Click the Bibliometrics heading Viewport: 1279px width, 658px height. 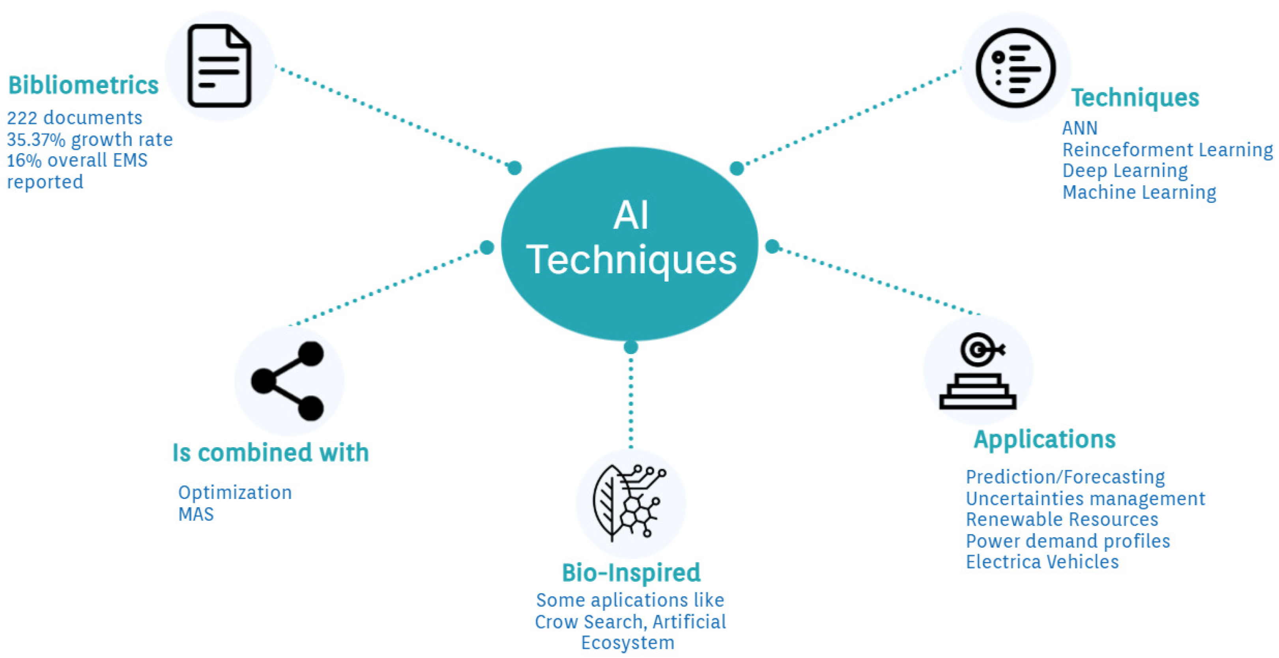(x=83, y=85)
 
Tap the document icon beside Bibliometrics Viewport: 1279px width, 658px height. (x=219, y=66)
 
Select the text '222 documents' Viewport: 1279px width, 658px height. (x=75, y=118)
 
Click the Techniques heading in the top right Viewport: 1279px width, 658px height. (x=1135, y=97)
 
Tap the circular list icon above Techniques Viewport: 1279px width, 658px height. (x=1016, y=67)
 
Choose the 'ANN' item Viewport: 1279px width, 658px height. (x=1079, y=128)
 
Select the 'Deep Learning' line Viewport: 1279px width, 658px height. (x=1125, y=171)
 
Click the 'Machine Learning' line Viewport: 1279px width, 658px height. (x=1139, y=192)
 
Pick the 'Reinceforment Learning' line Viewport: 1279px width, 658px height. (x=1167, y=150)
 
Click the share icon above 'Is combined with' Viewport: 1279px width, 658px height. (x=288, y=381)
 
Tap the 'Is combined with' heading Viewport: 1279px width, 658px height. (x=271, y=452)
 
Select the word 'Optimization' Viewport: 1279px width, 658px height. (x=235, y=493)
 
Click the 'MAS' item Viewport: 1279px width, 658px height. (x=196, y=514)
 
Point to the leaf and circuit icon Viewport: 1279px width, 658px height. (x=630, y=502)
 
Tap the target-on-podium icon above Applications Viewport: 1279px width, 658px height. (x=978, y=371)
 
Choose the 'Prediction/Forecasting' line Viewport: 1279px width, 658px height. (x=1065, y=477)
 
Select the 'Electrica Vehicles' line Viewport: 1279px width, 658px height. (x=1042, y=562)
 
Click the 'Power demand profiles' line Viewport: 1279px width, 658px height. (x=1068, y=541)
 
